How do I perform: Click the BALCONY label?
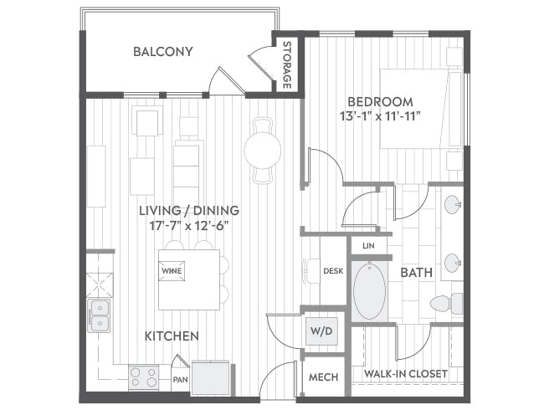[x=163, y=52]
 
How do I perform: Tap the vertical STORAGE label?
[x=286, y=65]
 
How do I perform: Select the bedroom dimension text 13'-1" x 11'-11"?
[x=380, y=116]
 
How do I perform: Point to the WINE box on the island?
[x=172, y=270]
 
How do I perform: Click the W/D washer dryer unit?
[x=321, y=331]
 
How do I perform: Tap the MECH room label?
[x=323, y=377]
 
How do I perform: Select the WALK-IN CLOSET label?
[x=406, y=374]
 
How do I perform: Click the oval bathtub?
[x=369, y=291]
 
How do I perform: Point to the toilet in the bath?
[x=447, y=304]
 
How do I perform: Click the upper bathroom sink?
[x=453, y=205]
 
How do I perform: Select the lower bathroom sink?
[x=453, y=264]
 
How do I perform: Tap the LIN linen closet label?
[x=368, y=246]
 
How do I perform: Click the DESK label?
[x=333, y=271]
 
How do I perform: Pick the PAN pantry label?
[x=181, y=380]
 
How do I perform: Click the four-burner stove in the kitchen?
[x=143, y=377]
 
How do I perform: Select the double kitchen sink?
[x=100, y=315]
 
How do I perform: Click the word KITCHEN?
[x=172, y=336]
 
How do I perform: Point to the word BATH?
[x=416, y=273]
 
